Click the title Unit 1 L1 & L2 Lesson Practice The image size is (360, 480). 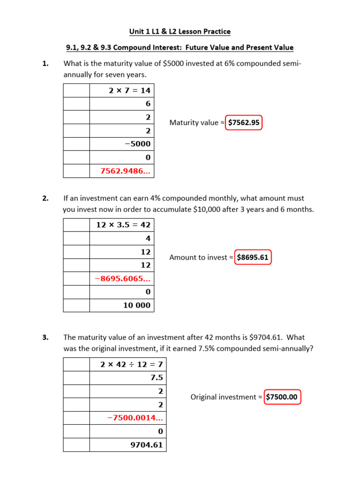180,31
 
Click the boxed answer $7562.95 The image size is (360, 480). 243,122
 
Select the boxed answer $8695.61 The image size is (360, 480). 253,257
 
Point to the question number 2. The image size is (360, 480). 45,199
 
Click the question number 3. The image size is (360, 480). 45,337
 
